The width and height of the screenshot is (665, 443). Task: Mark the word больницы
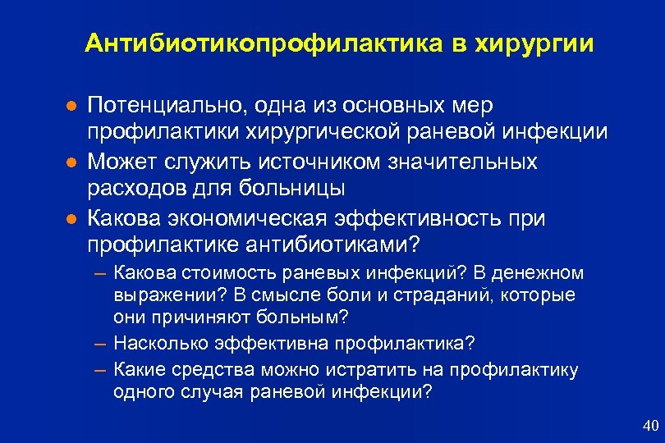(x=291, y=189)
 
